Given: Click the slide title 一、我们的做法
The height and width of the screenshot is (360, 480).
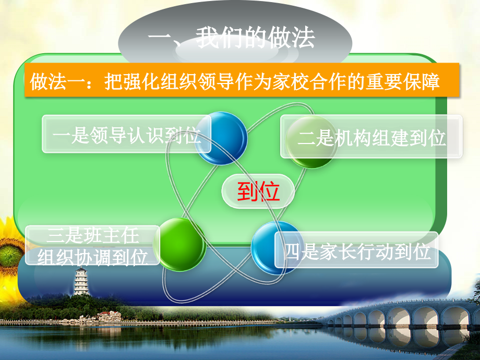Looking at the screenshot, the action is click(232, 38).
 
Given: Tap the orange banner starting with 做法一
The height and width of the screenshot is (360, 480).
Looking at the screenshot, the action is click(242, 80).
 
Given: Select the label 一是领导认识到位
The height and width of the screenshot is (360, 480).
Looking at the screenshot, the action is click(126, 134).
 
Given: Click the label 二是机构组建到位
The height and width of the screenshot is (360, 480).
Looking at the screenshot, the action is click(371, 137).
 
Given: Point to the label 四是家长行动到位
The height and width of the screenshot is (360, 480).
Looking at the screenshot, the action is click(357, 250).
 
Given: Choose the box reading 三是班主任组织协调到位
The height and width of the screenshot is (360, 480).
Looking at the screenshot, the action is click(92, 245).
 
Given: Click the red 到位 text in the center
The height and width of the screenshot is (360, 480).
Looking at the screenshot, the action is click(258, 191).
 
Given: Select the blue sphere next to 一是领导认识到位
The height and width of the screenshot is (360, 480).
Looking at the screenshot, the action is click(221, 138).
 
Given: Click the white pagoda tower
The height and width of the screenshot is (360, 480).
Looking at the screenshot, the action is click(81, 281).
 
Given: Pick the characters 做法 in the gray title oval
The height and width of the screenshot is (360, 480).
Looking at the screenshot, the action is click(291, 38).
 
